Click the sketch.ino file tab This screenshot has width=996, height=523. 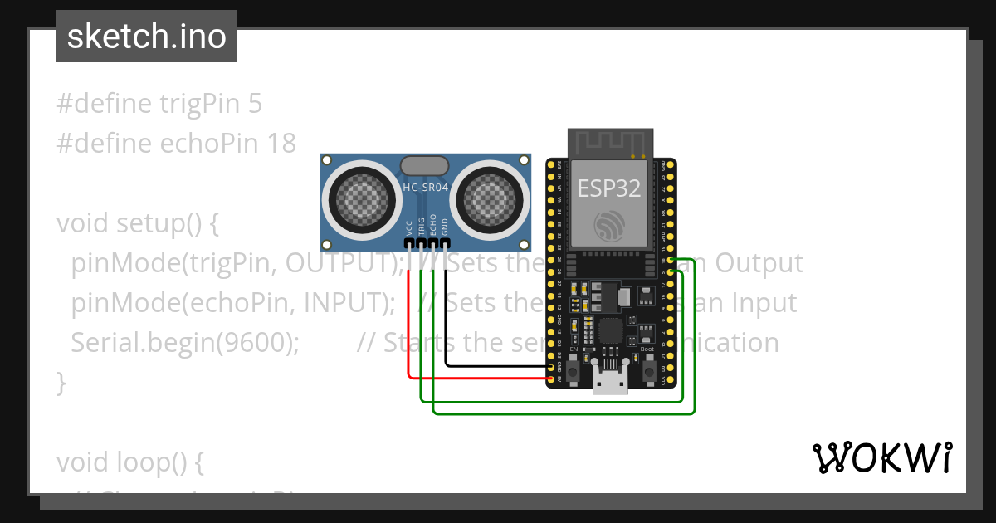146,37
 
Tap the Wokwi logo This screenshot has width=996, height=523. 881,457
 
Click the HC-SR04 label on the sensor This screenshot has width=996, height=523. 426,188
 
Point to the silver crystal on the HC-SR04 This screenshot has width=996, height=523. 426,165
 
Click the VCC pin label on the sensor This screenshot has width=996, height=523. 409,229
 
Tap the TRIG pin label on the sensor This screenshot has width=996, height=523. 421,228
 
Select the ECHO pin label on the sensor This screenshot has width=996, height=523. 432,227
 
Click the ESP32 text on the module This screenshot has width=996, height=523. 609,188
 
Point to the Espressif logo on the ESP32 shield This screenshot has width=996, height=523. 609,225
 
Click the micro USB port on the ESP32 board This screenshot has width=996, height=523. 610,383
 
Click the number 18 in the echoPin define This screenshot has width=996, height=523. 282,143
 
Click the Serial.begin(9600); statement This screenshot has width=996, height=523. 185,343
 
